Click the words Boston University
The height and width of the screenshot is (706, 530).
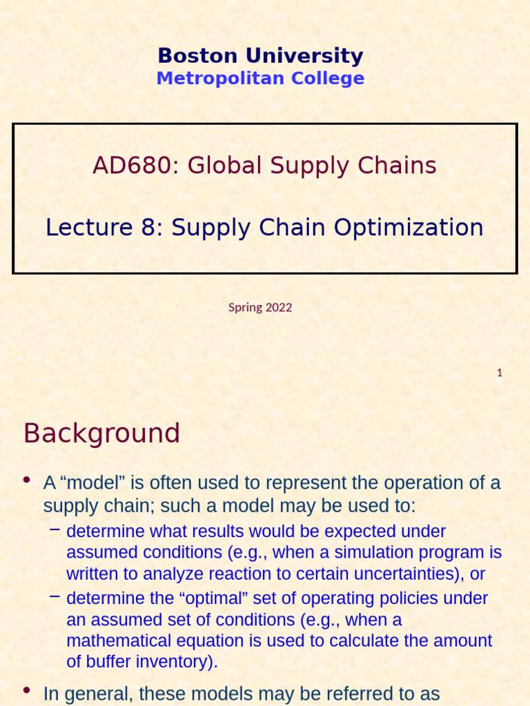click(x=260, y=56)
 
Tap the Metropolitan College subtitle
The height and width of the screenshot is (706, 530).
click(x=260, y=78)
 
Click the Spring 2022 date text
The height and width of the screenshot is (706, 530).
click(x=260, y=307)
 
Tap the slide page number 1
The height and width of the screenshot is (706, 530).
click(x=500, y=373)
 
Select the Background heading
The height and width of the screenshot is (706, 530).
click(x=101, y=434)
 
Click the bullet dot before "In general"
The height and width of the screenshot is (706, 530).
click(x=27, y=689)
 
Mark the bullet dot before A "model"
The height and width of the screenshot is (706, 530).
click(x=27, y=480)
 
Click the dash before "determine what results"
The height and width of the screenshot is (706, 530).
click(x=55, y=529)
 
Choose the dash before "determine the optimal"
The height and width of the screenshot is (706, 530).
click(x=55, y=596)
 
